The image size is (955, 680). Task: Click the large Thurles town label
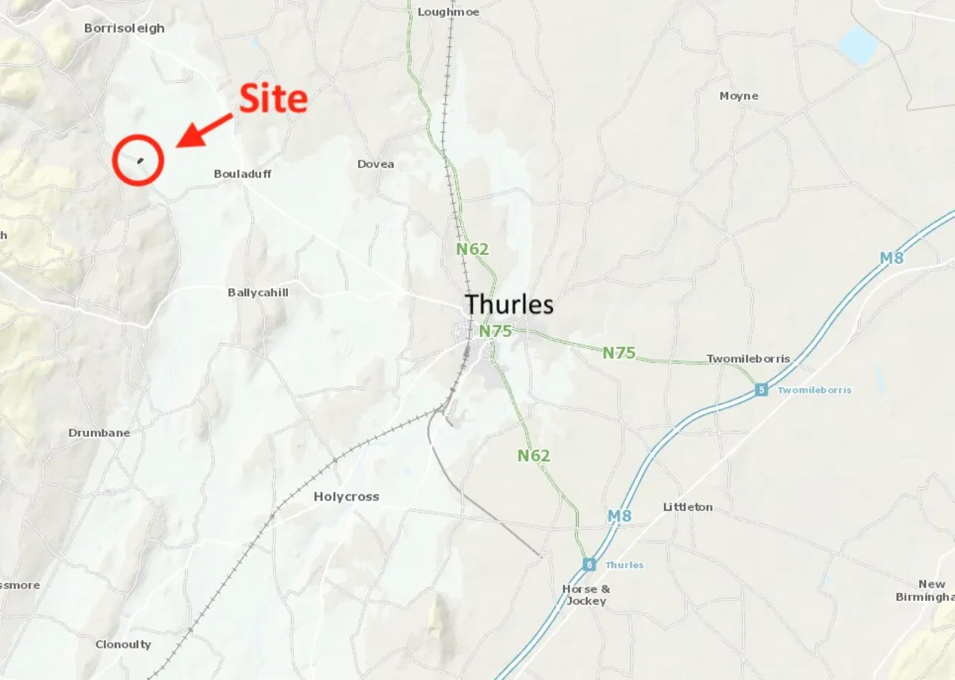(509, 304)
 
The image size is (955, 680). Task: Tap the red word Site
(273, 99)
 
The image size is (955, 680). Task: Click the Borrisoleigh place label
(124, 28)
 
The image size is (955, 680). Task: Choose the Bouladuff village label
(242, 174)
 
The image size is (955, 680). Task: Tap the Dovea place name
(375, 164)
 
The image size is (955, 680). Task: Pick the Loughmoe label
(448, 12)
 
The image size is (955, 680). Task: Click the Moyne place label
(739, 96)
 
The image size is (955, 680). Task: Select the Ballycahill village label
(257, 292)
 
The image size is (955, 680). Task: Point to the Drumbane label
(99, 432)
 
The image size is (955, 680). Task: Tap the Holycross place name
(346, 497)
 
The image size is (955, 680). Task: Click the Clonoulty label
(123, 644)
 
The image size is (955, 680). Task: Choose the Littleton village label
(687, 507)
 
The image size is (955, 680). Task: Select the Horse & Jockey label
(586, 594)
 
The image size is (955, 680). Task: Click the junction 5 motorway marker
(760, 390)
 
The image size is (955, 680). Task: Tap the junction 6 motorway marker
(589, 564)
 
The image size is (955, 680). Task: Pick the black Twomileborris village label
(748, 359)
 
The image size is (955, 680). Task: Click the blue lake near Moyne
(859, 45)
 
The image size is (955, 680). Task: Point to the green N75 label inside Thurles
(495, 331)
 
